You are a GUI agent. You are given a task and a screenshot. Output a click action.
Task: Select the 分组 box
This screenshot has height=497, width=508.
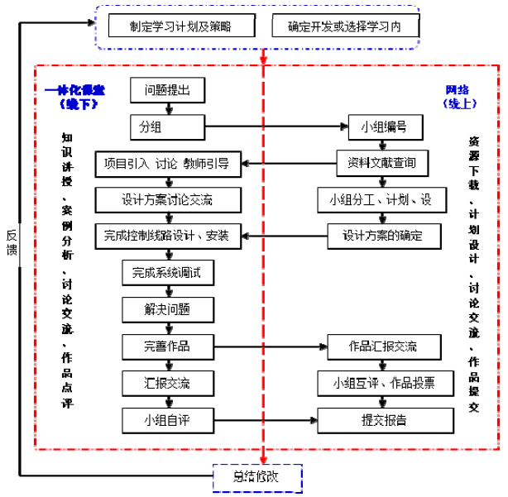[x=167, y=127]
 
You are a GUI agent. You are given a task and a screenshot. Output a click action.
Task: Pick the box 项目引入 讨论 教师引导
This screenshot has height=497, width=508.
[x=167, y=163]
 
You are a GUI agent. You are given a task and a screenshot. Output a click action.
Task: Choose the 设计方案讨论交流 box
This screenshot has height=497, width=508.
[x=167, y=199]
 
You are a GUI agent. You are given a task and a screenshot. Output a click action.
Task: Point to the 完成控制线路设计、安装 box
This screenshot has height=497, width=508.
[x=167, y=236]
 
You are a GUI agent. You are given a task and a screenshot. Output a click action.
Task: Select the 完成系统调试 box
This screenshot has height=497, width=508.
[x=167, y=272]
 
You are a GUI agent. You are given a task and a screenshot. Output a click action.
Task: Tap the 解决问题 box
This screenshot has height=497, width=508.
[x=167, y=309]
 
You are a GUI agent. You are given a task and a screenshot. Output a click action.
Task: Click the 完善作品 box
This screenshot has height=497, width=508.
[x=167, y=346]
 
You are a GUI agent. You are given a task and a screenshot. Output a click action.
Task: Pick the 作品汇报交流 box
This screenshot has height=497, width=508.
[x=383, y=346]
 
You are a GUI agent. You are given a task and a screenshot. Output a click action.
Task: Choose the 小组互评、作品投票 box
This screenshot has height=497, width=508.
[x=383, y=382]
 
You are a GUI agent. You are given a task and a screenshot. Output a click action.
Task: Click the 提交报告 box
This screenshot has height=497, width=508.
[x=383, y=419]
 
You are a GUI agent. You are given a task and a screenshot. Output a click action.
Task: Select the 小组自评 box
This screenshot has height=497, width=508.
[x=167, y=419]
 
